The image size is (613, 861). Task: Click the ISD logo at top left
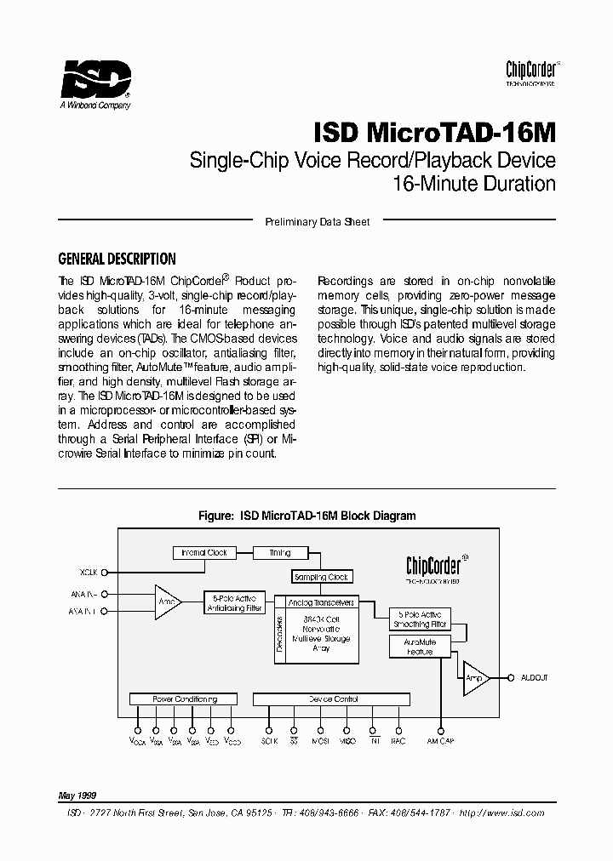(x=95, y=82)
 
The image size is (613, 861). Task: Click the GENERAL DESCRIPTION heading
(x=117, y=259)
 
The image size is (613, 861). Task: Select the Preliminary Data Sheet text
(x=318, y=222)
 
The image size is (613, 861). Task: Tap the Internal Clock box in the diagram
(x=204, y=552)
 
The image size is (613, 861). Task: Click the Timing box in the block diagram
(x=279, y=552)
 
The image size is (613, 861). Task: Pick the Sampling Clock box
(x=321, y=577)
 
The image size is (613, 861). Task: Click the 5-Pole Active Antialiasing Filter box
(x=234, y=603)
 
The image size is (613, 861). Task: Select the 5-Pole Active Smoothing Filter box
(x=419, y=619)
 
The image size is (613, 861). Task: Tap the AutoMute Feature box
(x=419, y=647)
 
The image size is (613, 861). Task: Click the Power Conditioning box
(x=184, y=698)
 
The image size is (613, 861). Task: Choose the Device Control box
(x=333, y=698)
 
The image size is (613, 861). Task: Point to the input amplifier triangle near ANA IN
(x=167, y=602)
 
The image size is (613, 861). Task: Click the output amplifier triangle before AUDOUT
(x=475, y=678)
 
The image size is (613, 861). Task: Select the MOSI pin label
(x=321, y=741)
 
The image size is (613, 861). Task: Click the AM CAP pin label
(x=441, y=741)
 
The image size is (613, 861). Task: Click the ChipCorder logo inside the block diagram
(x=433, y=568)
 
